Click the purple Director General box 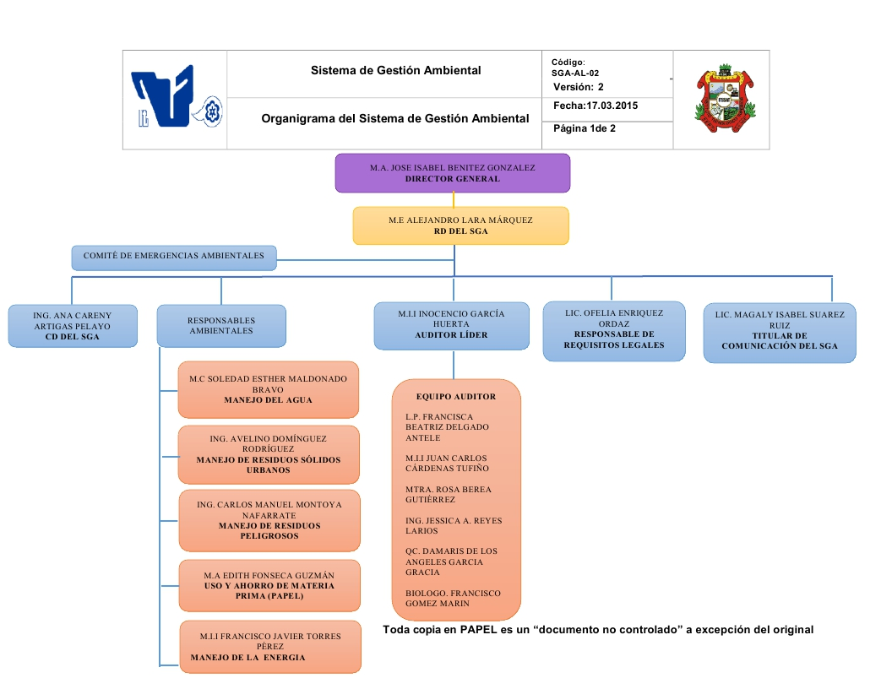[452, 173]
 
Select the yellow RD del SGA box [460, 225]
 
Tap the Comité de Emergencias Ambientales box [173, 256]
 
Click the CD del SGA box [72, 326]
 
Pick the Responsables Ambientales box [220, 326]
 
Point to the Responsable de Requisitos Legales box [613, 330]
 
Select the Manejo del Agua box [268, 389]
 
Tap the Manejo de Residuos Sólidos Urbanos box [268, 454]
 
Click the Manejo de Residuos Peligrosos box [269, 520]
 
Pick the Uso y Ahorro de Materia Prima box [269, 585]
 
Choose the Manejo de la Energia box [269, 647]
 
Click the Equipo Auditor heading [456, 396]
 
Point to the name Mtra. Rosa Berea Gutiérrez [449, 495]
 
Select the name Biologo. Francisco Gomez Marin [452, 598]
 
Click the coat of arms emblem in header [723, 99]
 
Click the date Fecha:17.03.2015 [596, 106]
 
